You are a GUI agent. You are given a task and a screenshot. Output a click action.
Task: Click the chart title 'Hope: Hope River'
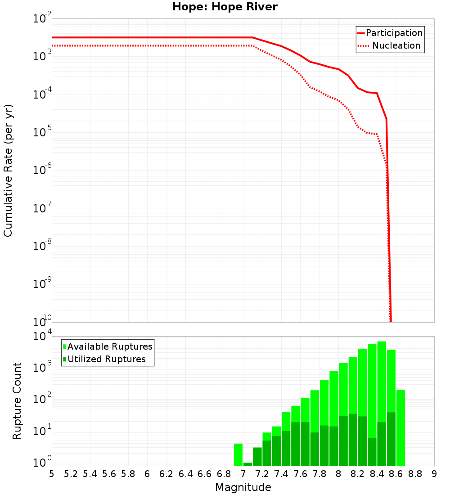225,7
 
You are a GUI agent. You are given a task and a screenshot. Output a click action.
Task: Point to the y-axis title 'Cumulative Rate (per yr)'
8,171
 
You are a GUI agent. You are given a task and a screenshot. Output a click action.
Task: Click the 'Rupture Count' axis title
17,401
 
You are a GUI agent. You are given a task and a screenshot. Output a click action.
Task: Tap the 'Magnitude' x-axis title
243,487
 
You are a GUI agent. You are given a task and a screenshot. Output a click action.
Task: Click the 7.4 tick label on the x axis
281,474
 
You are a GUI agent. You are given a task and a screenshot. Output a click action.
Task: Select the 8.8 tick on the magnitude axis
415,474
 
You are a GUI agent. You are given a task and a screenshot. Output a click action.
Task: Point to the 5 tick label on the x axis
52,474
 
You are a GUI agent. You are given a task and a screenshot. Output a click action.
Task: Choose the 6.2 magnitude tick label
166,474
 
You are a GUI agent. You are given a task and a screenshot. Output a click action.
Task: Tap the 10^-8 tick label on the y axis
42,246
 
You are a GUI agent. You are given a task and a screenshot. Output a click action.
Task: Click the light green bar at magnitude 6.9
238,454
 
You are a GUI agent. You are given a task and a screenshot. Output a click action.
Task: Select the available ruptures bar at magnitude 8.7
400,427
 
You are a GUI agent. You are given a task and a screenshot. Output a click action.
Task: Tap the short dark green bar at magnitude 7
247,464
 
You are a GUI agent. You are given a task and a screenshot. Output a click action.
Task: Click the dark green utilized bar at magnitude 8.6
391,439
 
